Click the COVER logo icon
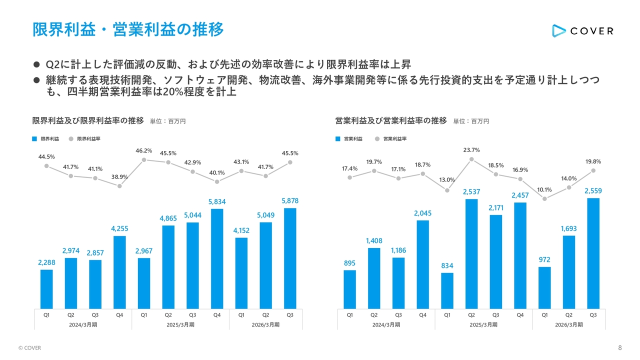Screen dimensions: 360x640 558,30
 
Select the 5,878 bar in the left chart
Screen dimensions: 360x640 290,258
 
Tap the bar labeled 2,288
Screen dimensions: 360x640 46,289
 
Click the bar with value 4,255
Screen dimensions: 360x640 119,272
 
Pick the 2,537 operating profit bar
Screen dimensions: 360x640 471,253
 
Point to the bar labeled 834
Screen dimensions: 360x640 447,290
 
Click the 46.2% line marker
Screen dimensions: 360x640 144,160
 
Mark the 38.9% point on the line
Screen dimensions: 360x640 119,186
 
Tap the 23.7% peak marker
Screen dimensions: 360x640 471,159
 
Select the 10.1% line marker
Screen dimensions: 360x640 544,199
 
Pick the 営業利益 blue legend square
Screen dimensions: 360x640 338,138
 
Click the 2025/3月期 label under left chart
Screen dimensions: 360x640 180,324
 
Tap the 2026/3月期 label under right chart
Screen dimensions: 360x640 568,324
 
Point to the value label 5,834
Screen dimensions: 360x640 217,201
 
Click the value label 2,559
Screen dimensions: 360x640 593,191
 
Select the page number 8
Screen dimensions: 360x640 620,347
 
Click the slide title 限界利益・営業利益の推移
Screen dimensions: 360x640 128,29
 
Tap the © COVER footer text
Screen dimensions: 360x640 29,348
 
